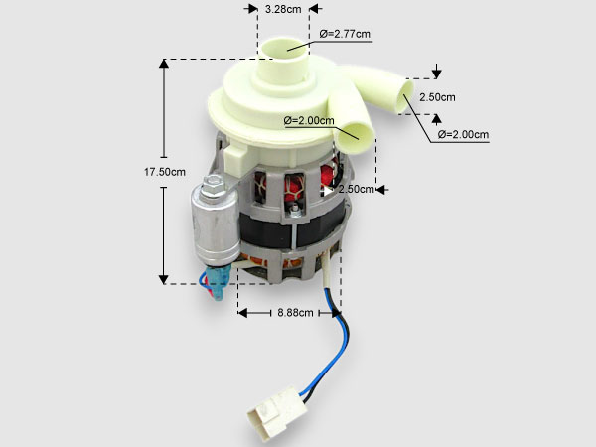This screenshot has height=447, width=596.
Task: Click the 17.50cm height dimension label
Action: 165,172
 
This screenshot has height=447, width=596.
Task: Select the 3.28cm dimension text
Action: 283,9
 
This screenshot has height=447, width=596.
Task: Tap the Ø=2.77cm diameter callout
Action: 345,34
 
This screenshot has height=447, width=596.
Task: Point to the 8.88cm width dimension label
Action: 295,313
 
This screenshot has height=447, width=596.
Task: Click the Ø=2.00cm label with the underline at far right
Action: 463,134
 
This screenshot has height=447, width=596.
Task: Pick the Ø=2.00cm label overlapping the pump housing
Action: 309,121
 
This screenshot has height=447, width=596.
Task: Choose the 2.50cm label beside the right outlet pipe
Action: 437,97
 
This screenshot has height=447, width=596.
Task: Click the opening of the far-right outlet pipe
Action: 405,96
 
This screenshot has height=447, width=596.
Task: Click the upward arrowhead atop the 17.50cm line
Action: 164,64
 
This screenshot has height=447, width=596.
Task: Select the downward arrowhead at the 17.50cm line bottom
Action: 164,279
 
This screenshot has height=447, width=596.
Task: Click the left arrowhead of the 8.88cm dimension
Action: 242,313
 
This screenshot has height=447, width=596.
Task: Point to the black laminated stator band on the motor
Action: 293,231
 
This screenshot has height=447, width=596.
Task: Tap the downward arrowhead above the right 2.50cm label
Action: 437,74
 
